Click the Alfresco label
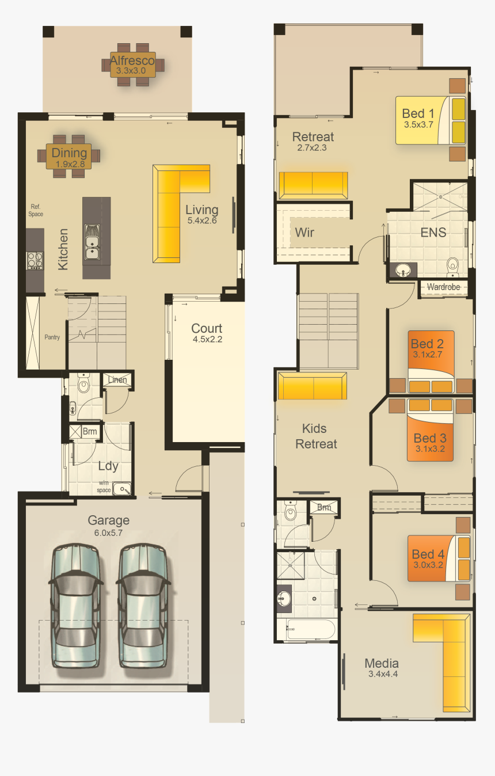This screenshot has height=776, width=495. point(132,60)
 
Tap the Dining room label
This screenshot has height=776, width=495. point(69,153)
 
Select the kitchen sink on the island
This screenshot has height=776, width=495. point(92,242)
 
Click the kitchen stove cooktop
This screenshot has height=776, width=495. point(35,260)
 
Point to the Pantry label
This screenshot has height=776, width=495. point(52,337)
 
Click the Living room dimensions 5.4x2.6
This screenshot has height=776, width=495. point(201,220)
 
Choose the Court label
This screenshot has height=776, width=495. point(207,329)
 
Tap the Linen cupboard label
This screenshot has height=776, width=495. point(117,380)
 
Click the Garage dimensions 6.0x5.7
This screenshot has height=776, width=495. point(109,533)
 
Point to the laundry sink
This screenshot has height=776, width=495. point(122,490)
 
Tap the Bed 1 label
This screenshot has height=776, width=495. point(418,113)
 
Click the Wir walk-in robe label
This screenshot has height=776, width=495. point(304,233)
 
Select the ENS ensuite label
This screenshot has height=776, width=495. point(433,233)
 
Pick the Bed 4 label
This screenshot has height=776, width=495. point(428,554)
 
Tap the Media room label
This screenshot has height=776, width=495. point(382,663)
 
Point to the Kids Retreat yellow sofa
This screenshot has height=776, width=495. point(313,386)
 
